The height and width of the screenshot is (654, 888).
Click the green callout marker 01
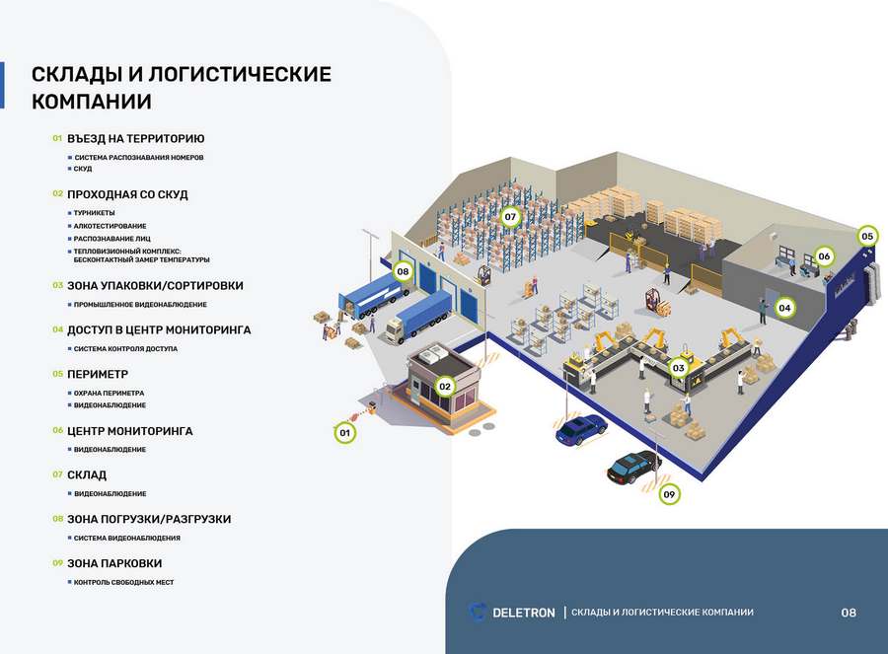pyautogui.click(x=344, y=432)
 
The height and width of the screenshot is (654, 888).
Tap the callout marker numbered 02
pyautogui.click(x=445, y=387)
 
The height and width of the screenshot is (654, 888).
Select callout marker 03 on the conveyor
pyautogui.click(x=678, y=368)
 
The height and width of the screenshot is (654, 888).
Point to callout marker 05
pyautogui.click(x=867, y=236)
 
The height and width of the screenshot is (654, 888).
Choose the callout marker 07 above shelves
pyautogui.click(x=510, y=216)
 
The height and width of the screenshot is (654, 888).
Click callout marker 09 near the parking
pyautogui.click(x=670, y=493)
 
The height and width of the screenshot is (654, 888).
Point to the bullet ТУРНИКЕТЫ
pyautogui.click(x=94, y=213)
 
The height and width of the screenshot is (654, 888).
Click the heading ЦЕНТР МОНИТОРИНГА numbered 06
pyautogui.click(x=129, y=431)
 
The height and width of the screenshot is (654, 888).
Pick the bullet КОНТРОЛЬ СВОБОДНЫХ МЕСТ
pyautogui.click(x=123, y=583)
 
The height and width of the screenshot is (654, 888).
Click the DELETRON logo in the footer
pyautogui.click(x=512, y=613)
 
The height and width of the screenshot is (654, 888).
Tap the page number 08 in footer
pyautogui.click(x=849, y=613)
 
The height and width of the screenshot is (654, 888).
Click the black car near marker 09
pyautogui.click(x=633, y=465)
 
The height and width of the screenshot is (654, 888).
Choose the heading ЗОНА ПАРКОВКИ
pyautogui.click(x=114, y=563)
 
